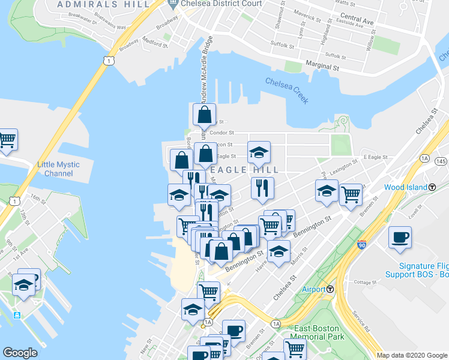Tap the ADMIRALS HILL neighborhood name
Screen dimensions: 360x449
pyautogui.click(x=103, y=4)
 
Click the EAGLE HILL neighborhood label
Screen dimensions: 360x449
pyautogui.click(x=245, y=170)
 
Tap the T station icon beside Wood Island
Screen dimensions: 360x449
pyautogui.click(x=432, y=187)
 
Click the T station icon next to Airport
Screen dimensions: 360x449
pyautogui.click(x=330, y=289)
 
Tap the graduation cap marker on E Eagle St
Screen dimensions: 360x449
pyautogui.click(x=259, y=152)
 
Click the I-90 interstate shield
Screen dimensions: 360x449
pyautogui.click(x=361, y=245)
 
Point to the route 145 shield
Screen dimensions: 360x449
pyautogui.click(x=441, y=162)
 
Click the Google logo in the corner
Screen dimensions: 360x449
pyautogui.click(x=20, y=352)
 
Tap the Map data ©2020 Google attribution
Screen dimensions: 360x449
pyautogui.click(x=412, y=355)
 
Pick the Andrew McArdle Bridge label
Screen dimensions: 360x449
pyautogui.click(x=206, y=70)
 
